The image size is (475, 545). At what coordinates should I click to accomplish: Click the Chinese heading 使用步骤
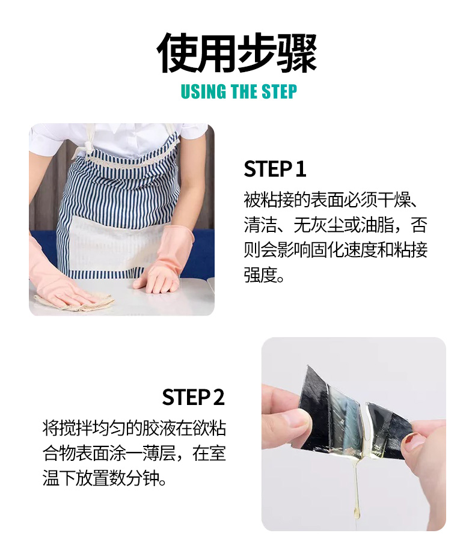(x=237, y=53)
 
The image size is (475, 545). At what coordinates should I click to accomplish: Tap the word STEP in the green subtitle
(x=279, y=91)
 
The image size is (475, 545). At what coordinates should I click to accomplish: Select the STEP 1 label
(x=275, y=169)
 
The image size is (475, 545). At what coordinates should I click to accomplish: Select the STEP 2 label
(x=194, y=397)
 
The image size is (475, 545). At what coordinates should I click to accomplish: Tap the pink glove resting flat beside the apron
(x=164, y=259)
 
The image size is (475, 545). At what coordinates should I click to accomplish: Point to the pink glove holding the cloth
(x=59, y=278)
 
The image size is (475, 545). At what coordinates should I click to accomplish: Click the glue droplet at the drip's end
(x=357, y=511)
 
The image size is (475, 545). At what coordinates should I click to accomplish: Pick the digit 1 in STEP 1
(x=301, y=169)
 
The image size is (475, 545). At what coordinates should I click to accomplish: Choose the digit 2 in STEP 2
(x=219, y=397)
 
